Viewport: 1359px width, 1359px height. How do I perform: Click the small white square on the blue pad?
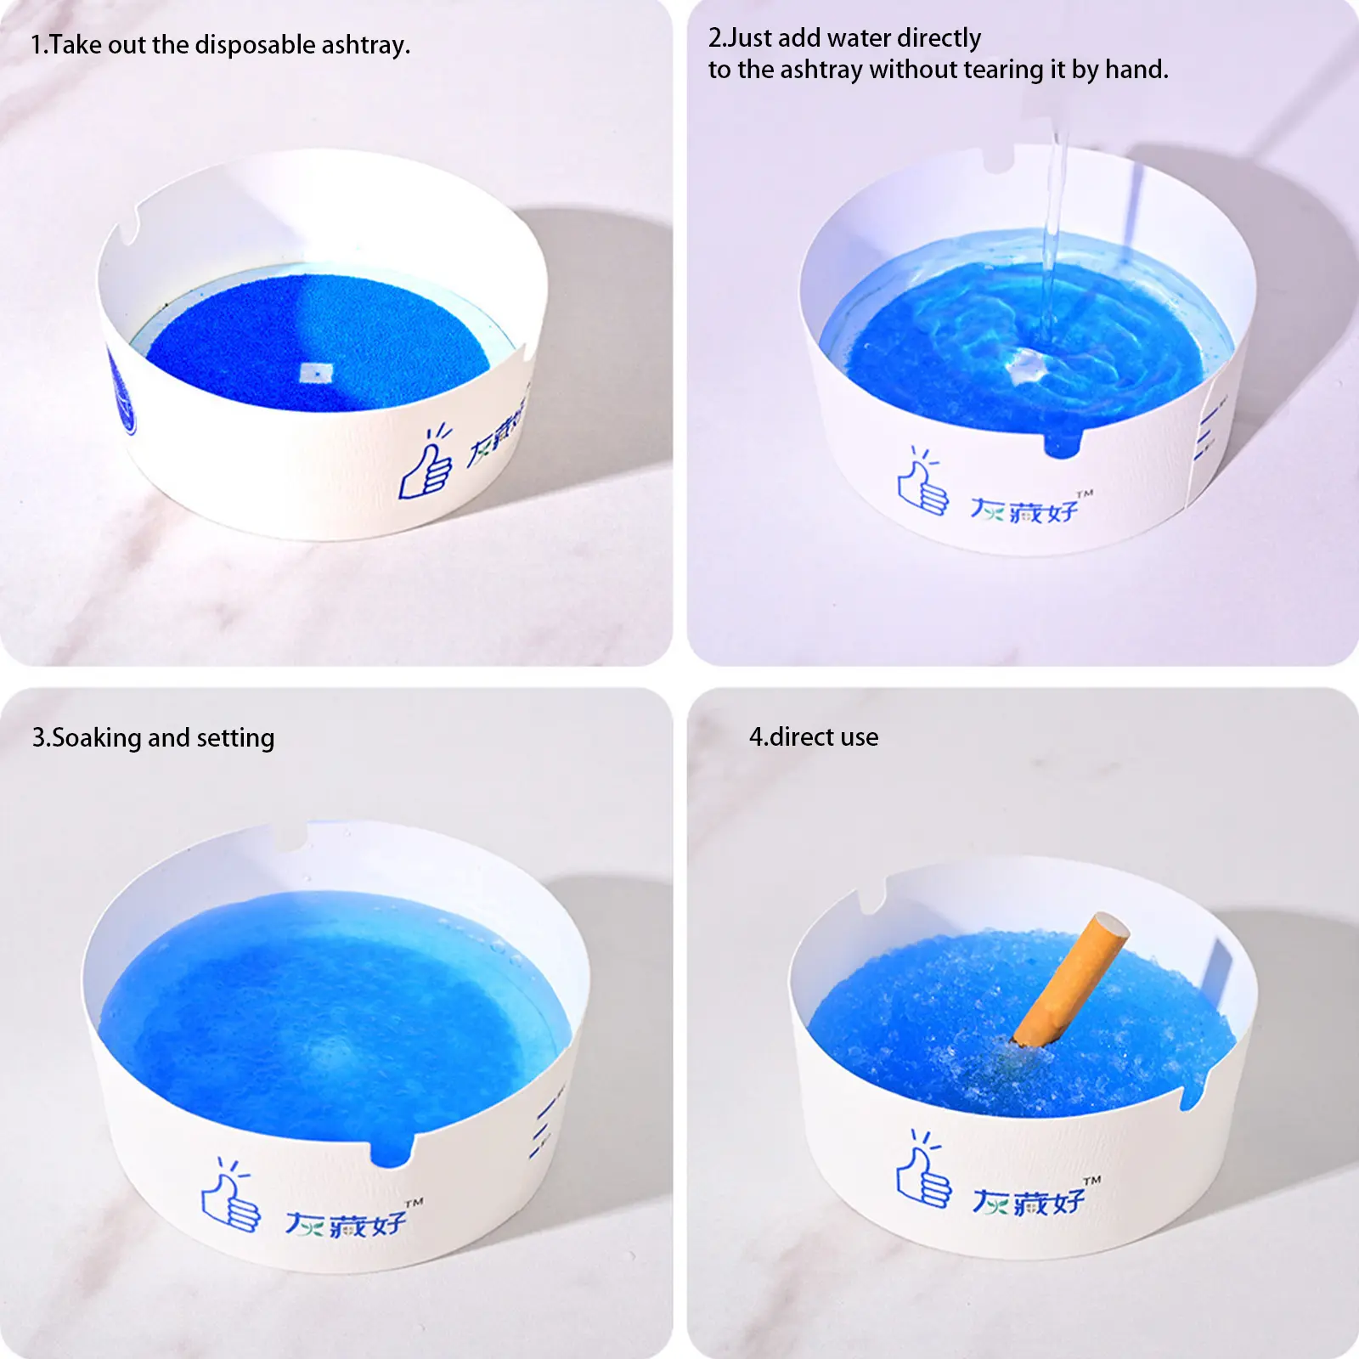[x=316, y=372]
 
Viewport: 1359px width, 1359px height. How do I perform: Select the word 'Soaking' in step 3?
[x=96, y=738]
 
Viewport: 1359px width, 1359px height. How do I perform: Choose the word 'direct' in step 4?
[x=805, y=737]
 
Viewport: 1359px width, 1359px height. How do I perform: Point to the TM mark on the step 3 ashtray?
[x=414, y=1203]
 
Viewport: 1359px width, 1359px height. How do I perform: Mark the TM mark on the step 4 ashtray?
[x=1092, y=1180]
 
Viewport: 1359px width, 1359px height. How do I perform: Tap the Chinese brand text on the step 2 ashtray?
[x=1024, y=510]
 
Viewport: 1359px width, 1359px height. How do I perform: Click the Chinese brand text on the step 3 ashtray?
[x=345, y=1224]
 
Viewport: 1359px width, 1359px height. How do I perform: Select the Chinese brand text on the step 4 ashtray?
[x=1029, y=1201]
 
